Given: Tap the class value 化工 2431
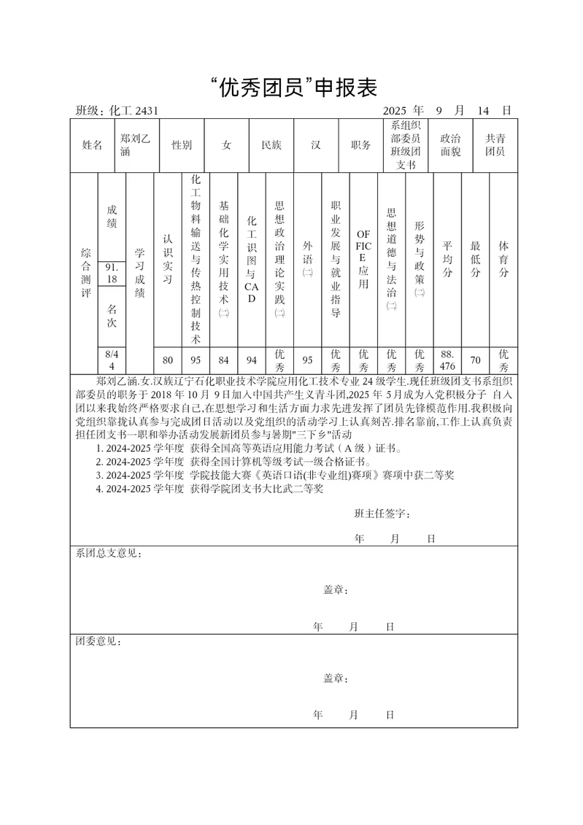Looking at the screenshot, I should tap(134, 111).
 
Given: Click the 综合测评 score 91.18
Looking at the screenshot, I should tap(112, 274).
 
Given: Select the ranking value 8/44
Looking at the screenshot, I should tap(112, 359).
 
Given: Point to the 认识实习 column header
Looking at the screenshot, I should tap(168, 259).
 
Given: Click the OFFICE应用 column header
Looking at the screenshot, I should tap(363, 259).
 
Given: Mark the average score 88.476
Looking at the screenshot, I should tap(447, 359).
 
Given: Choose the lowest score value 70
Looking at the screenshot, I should tap(475, 359).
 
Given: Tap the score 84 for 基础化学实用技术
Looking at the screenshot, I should tap(224, 359).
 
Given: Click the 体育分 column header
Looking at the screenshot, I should tap(503, 259).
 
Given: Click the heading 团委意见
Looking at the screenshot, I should tap(99, 642).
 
